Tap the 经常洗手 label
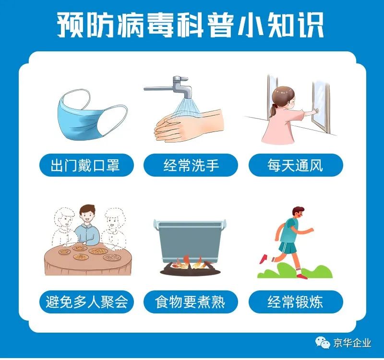(191, 165)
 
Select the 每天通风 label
(296, 165)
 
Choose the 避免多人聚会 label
(86, 302)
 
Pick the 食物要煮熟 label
(191, 302)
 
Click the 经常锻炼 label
(296, 302)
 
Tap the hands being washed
(189, 126)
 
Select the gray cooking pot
(190, 240)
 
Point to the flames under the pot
(191, 263)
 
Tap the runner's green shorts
(288, 247)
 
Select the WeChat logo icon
(322, 342)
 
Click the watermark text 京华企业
(352, 343)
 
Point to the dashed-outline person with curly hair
(113, 228)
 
